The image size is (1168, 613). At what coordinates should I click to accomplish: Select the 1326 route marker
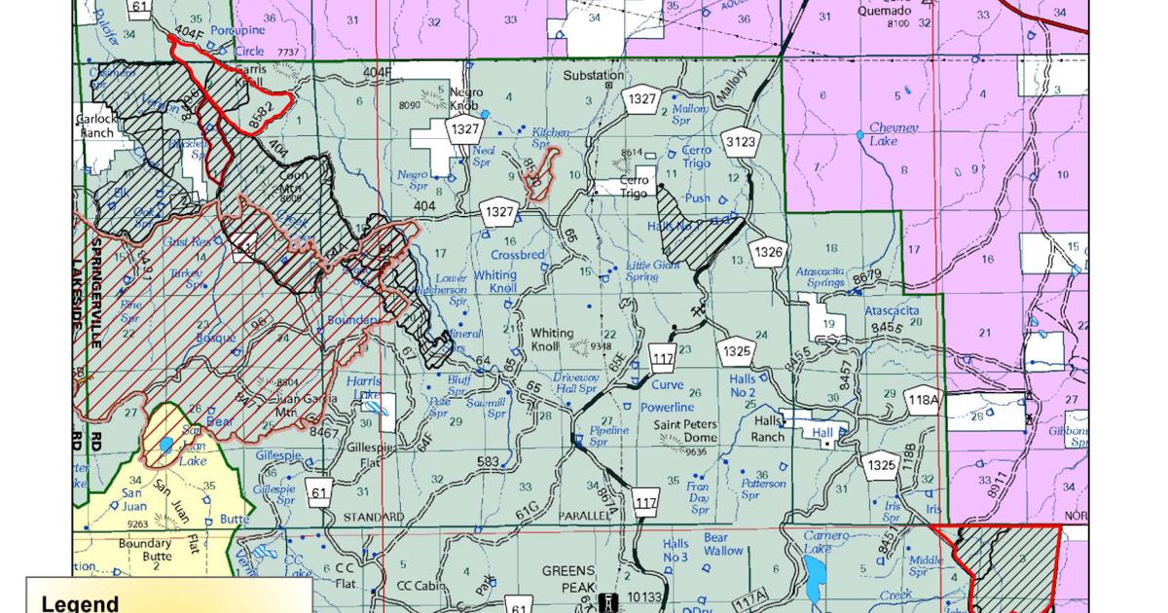pos(768,253)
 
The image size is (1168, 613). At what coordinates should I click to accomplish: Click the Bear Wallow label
pos(723,543)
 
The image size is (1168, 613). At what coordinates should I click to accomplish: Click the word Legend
pos(80,603)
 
